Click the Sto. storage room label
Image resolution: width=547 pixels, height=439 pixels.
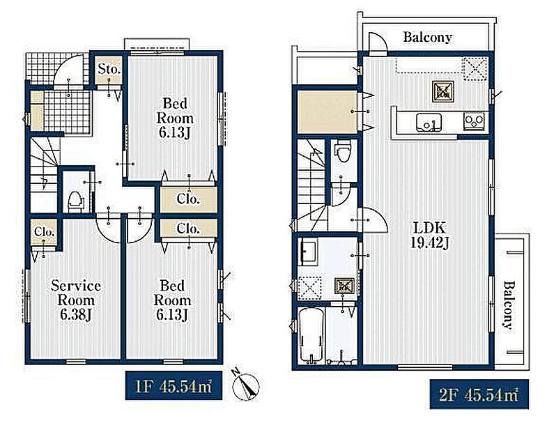(109, 69)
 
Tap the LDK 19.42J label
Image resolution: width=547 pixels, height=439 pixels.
(429, 236)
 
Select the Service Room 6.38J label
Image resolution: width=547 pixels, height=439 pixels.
(76, 300)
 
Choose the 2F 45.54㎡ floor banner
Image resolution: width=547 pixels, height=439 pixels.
(479, 394)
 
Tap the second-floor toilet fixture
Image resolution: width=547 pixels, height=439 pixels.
(342, 151)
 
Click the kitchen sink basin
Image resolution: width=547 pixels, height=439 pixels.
(429, 123)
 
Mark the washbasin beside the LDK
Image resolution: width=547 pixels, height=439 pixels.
(308, 252)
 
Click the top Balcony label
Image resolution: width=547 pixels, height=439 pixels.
(427, 37)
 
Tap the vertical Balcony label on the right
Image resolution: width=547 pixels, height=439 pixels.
(509, 305)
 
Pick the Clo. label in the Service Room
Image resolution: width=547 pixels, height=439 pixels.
(44, 232)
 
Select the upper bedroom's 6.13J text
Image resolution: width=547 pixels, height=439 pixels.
(175, 132)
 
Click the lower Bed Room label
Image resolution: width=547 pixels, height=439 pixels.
(172, 293)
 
